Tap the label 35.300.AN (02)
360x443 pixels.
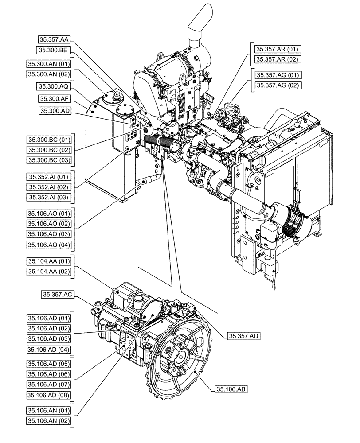click(49, 74)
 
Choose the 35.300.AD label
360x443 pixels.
click(53, 110)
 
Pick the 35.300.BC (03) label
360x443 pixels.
click(49, 160)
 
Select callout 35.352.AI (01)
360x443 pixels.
click(49, 176)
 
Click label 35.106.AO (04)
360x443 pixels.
click(49, 245)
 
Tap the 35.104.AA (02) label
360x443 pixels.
click(49, 271)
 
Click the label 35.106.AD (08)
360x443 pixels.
click(49, 395)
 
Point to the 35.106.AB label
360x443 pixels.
click(231, 389)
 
